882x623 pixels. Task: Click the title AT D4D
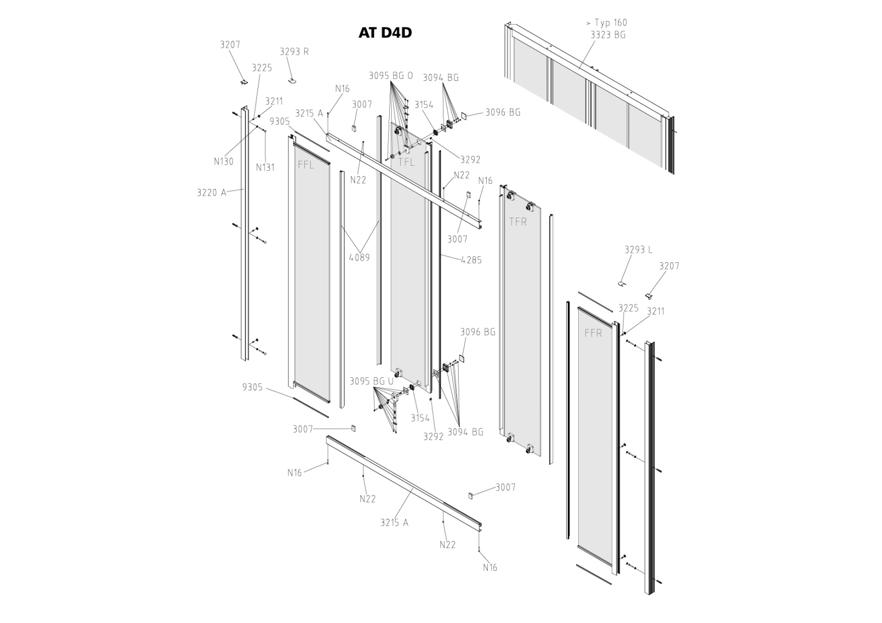tap(385, 32)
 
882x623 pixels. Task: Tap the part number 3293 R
tap(294, 52)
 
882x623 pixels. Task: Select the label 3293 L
tap(638, 250)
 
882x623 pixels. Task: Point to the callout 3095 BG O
tap(390, 76)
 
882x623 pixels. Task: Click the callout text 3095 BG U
tap(372, 381)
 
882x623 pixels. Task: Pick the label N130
tap(224, 161)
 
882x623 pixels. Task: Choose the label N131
tap(265, 167)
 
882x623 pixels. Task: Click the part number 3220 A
tap(211, 193)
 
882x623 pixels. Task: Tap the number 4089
tap(359, 257)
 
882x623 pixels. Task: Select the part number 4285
tap(471, 260)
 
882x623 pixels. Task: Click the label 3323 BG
tap(607, 35)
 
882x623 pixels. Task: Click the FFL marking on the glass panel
tap(305, 165)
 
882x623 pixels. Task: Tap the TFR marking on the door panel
tap(518, 221)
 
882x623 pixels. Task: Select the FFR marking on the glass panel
tap(593, 333)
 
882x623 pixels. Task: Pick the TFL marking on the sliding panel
tap(406, 162)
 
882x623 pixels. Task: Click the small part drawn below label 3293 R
tap(292, 80)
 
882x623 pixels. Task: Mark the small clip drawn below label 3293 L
tap(621, 284)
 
